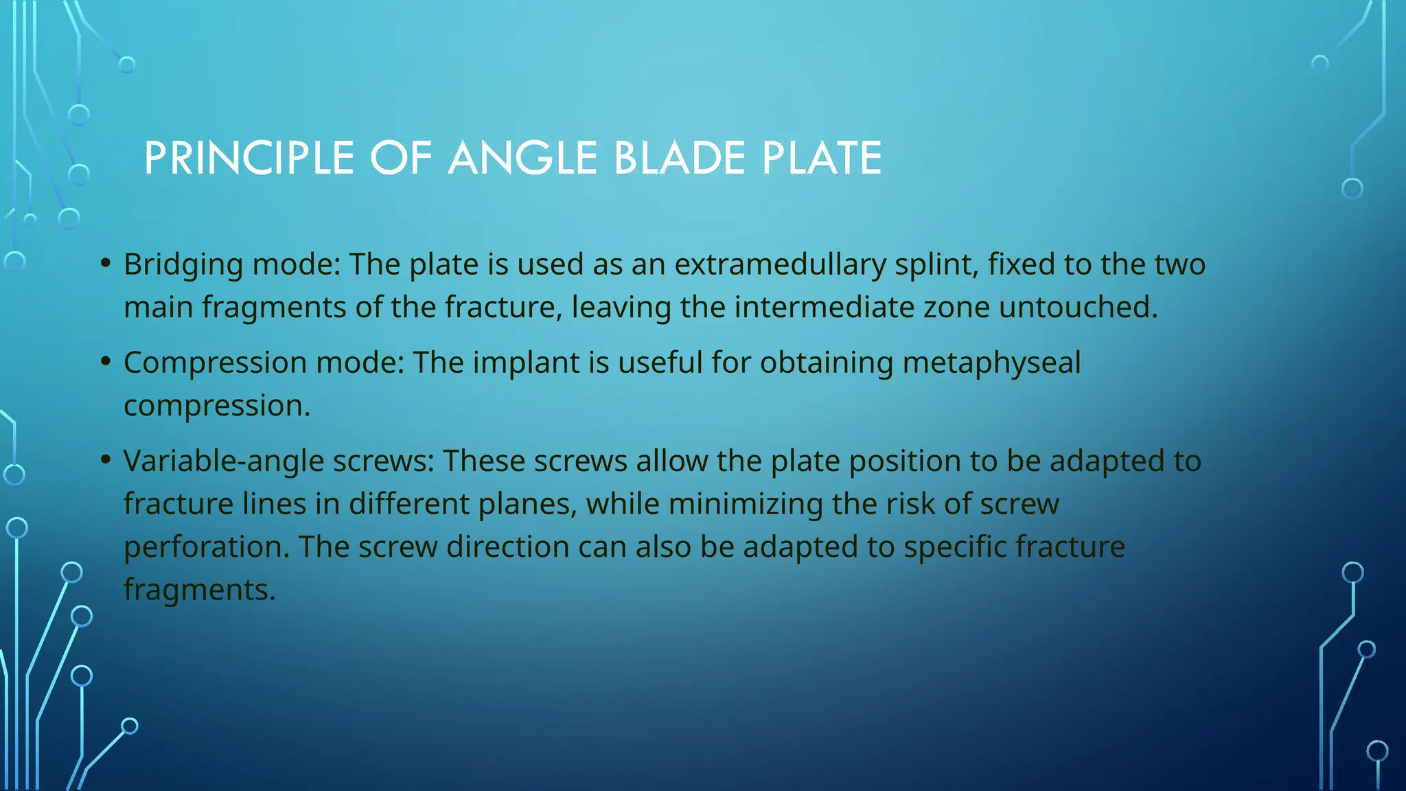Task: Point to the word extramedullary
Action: (780, 265)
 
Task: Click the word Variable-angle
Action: (223, 461)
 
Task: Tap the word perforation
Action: (206, 547)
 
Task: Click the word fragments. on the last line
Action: (199, 591)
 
